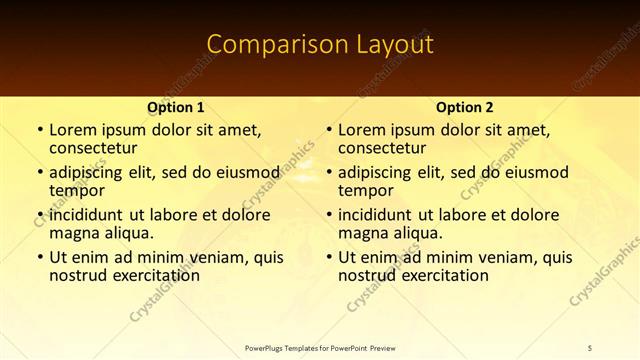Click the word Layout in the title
pyautogui.click(x=385, y=45)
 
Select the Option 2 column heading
pyautogui.click(x=464, y=107)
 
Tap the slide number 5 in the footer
pyautogui.click(x=590, y=347)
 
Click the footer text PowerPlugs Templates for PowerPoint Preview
pyautogui.click(x=320, y=347)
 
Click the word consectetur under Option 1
pyautogui.click(x=95, y=149)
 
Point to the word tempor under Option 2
pyautogui.click(x=365, y=191)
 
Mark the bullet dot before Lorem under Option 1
pyautogui.click(x=38, y=130)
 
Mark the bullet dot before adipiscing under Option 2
pyautogui.click(x=327, y=172)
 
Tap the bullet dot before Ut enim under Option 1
pyautogui.click(x=38, y=257)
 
